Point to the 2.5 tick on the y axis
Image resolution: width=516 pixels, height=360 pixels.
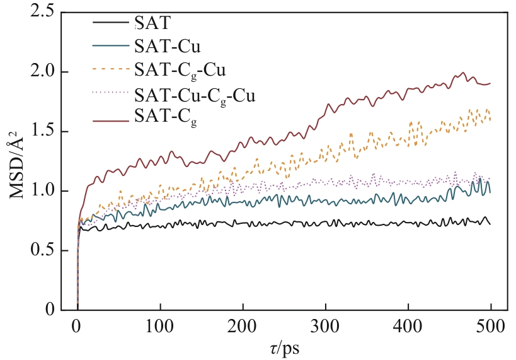pyautogui.click(x=38, y=13)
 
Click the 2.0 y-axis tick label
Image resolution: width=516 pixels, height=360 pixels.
pyautogui.click(x=38, y=73)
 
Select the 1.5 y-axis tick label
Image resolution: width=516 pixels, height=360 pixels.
pyautogui.click(x=38, y=132)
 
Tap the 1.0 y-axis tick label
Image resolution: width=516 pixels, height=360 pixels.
pyautogui.click(x=38, y=191)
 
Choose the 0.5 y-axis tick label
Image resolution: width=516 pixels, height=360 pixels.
pyautogui.click(x=38, y=251)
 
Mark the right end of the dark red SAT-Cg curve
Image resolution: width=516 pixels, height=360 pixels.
pyautogui.click(x=490, y=83)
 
